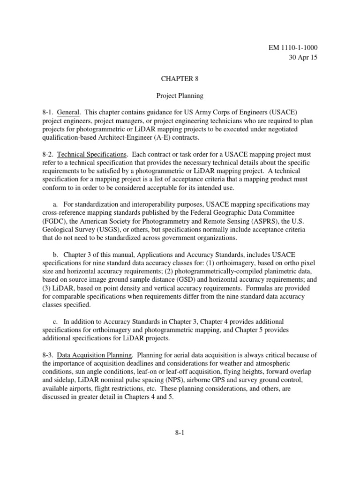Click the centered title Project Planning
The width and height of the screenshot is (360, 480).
180,96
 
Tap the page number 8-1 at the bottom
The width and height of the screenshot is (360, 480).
180,433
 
